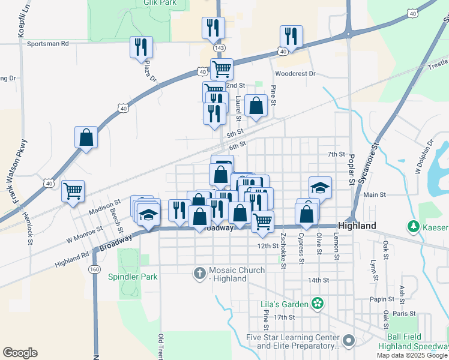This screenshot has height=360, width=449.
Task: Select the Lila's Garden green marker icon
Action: tap(318, 304)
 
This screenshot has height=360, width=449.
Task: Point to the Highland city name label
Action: tap(357, 226)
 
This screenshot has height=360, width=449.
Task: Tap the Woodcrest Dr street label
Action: tap(295, 74)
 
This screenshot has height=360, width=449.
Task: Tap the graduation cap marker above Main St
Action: tap(320, 187)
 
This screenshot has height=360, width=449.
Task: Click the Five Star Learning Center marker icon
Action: tap(350, 341)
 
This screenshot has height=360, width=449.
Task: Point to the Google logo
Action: tap(20, 352)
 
